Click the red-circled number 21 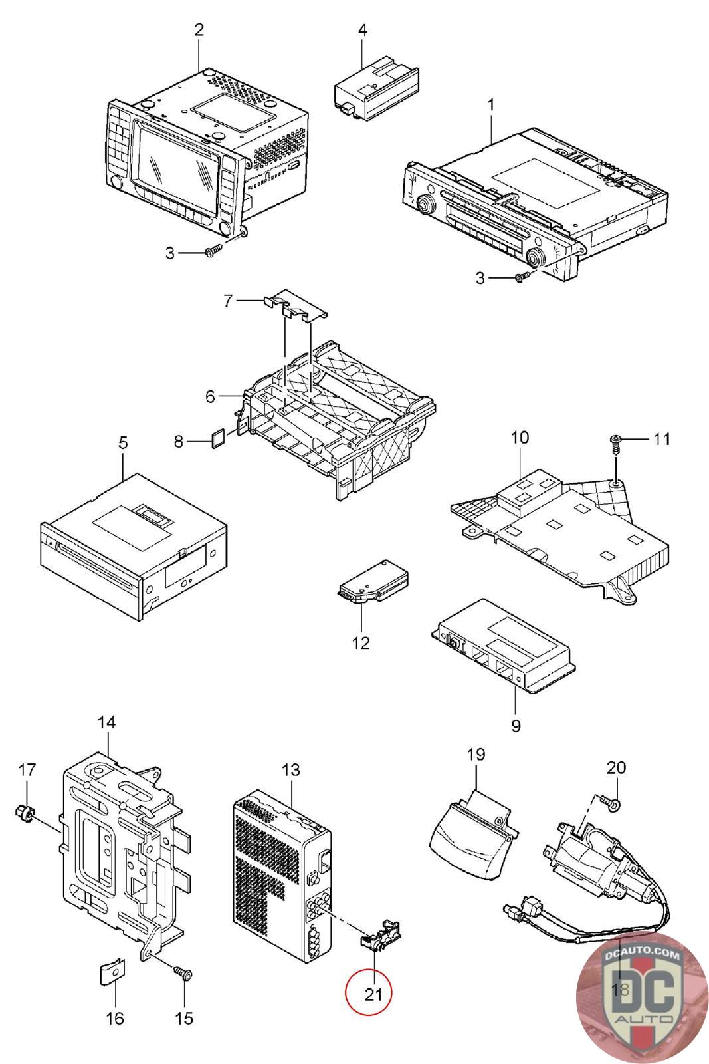point(368,994)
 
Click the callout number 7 point(228,301)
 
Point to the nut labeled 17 point(25,812)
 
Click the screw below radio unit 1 point(522,278)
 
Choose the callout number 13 point(291,769)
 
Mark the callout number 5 point(123,443)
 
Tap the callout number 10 point(520,438)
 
